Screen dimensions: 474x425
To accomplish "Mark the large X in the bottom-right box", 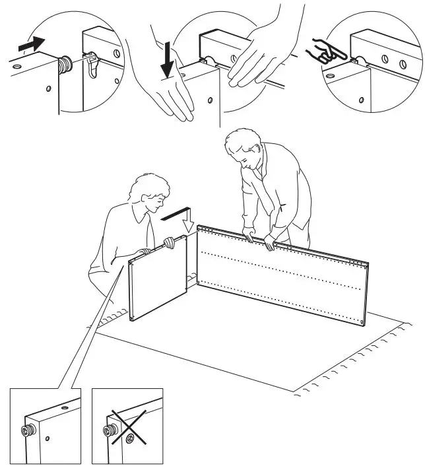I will click(x=129, y=430).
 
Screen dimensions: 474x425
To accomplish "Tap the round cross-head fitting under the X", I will click(x=128, y=436).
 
